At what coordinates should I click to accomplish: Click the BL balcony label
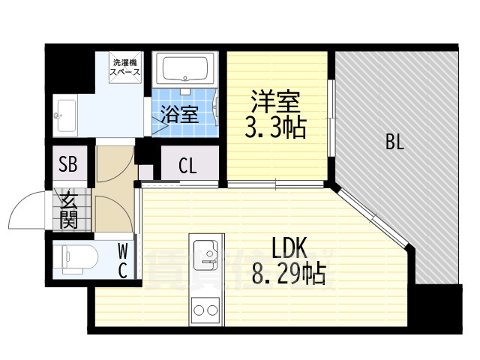pos(395,142)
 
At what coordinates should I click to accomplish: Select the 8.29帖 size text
pos(289,275)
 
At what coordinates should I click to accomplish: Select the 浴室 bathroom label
pos(181,115)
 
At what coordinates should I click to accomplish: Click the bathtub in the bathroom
pos(184,71)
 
